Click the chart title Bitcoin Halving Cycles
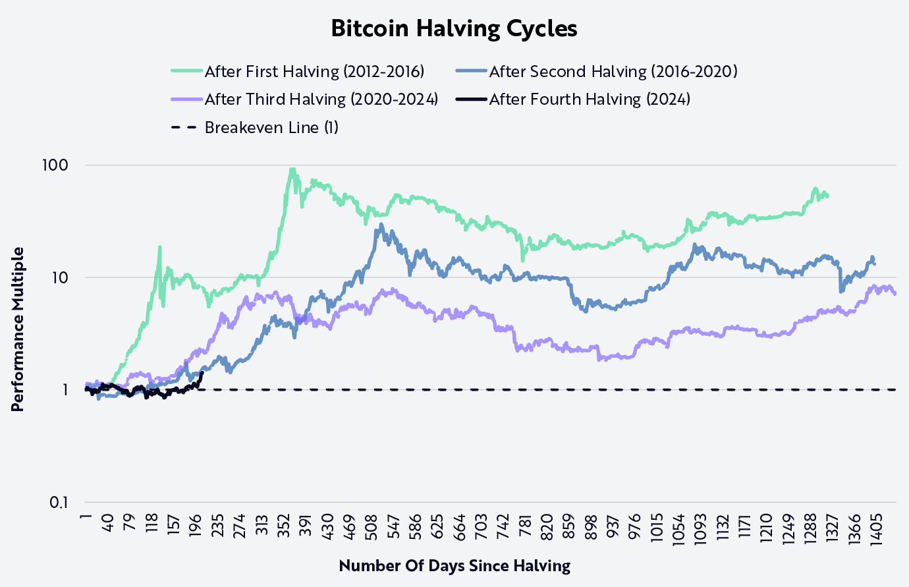tap(454, 29)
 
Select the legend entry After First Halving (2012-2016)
tap(314, 71)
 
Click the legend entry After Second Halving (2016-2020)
tap(613, 71)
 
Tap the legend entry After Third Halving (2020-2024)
tap(321, 99)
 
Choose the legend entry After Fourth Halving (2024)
tap(589, 99)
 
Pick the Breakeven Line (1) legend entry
tap(271, 127)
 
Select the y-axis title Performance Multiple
tap(18, 329)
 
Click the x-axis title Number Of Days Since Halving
tap(454, 565)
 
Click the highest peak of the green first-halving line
tap(292, 169)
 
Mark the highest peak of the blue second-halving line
tap(381, 225)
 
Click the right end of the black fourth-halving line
tap(202, 373)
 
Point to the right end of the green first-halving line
tap(828, 196)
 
